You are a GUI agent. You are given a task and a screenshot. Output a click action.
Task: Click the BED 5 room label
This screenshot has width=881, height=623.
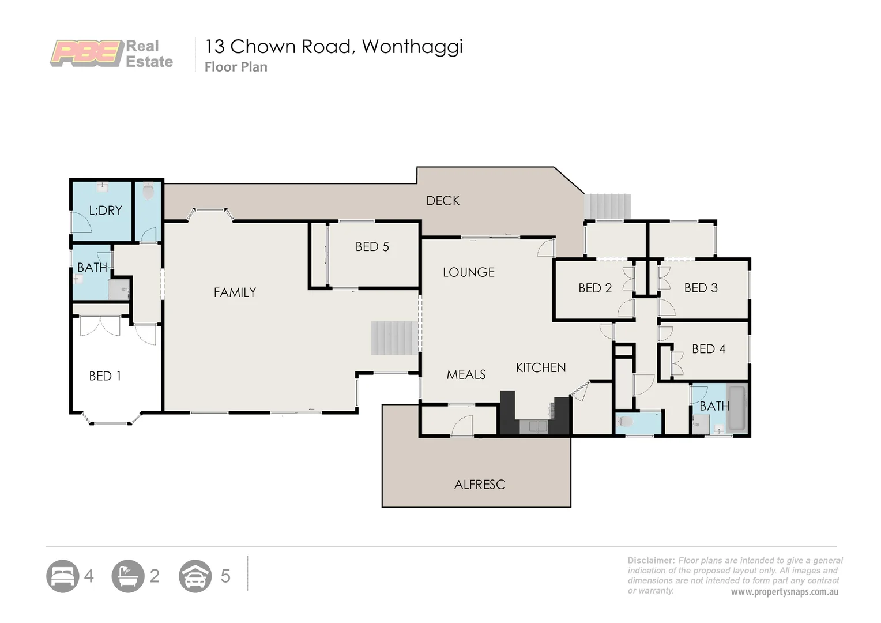(x=372, y=247)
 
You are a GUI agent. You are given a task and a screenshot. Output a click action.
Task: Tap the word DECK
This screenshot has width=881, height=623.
(x=443, y=201)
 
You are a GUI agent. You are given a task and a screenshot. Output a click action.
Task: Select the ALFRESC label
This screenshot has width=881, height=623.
(x=480, y=485)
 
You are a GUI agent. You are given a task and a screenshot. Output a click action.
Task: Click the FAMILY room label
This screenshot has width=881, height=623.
(x=235, y=292)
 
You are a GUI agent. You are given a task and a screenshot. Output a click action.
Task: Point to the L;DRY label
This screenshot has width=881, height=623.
(x=106, y=211)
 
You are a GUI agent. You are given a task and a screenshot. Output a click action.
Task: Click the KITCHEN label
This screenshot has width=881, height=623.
(x=541, y=368)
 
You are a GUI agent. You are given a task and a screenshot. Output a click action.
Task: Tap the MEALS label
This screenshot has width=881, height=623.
(x=466, y=375)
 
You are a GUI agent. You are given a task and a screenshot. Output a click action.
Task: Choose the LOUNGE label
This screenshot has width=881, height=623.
(x=468, y=272)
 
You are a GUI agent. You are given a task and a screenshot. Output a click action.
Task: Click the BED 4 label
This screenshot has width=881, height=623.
(x=709, y=349)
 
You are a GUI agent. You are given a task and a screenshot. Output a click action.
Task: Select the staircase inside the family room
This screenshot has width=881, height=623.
(x=394, y=338)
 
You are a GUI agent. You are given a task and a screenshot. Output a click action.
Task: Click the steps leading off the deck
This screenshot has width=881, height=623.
(x=607, y=207)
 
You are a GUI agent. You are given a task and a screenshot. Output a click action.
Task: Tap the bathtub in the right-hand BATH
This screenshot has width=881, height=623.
(x=736, y=409)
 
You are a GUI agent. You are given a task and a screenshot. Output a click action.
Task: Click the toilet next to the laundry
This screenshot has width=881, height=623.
(x=148, y=192)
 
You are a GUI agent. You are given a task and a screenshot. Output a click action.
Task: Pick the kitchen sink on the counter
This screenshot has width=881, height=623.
(x=534, y=427)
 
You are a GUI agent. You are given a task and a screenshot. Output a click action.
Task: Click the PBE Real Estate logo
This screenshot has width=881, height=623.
(x=112, y=54)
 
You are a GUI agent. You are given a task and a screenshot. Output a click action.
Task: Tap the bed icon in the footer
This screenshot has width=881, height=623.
(x=62, y=576)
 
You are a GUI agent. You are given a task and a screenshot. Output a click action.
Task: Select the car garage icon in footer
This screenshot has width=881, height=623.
(x=195, y=576)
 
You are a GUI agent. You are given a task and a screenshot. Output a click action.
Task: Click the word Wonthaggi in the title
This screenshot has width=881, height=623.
(x=412, y=47)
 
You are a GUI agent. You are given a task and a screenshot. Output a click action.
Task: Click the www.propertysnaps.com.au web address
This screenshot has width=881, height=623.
(x=784, y=592)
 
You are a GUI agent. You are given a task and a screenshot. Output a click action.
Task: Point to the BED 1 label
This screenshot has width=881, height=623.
(x=105, y=376)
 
